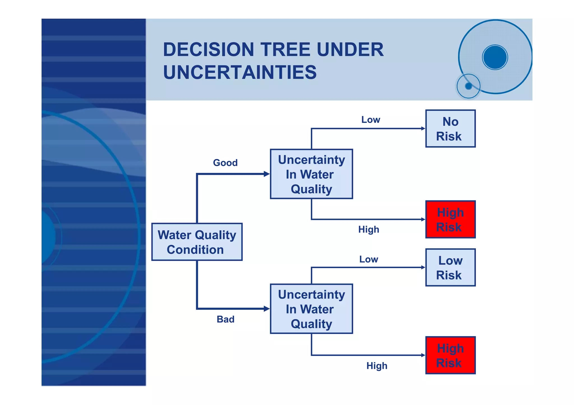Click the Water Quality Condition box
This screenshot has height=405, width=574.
[x=197, y=242]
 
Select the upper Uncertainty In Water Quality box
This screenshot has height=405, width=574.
[x=311, y=174]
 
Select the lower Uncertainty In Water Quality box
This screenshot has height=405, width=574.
[x=311, y=309]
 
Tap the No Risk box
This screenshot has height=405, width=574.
[x=450, y=128]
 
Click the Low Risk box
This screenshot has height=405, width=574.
[x=450, y=267]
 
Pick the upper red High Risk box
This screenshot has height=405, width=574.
[x=450, y=219]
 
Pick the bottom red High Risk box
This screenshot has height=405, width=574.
[x=450, y=355]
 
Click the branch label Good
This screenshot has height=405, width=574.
[x=225, y=163]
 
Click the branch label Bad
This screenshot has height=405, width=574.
[x=225, y=319]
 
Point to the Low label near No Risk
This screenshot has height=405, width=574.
[x=371, y=120]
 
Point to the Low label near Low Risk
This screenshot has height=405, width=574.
[x=369, y=259]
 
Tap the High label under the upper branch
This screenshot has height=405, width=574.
[x=369, y=230]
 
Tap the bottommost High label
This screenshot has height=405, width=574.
[x=377, y=366]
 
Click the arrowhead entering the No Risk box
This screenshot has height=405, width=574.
[x=423, y=128]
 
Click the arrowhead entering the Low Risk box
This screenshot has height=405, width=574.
[x=423, y=267]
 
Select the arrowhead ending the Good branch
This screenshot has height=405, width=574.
[x=267, y=174]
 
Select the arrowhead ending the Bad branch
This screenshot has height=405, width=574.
[x=267, y=309]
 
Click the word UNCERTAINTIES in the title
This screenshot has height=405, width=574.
[x=240, y=72]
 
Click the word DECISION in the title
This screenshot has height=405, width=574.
[x=209, y=50]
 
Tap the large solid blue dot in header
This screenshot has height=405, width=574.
[x=495, y=57]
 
